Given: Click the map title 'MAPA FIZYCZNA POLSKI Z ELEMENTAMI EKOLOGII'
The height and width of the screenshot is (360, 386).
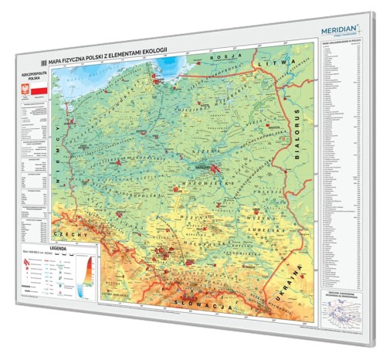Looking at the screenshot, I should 108,61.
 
